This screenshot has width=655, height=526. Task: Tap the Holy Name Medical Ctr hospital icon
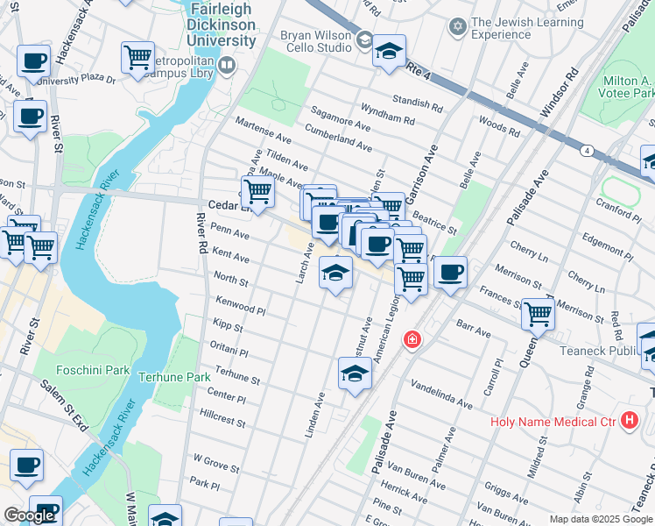(x=628, y=420)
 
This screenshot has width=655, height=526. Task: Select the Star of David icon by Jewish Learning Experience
(x=455, y=27)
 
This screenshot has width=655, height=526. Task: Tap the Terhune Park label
(x=174, y=377)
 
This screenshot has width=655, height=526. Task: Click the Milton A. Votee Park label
(x=628, y=87)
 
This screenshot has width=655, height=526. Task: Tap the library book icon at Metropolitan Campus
(x=228, y=65)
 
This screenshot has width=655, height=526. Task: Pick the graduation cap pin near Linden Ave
(x=354, y=373)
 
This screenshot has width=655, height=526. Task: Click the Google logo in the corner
(x=29, y=516)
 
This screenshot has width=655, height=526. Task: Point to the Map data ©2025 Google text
(x=601, y=519)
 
